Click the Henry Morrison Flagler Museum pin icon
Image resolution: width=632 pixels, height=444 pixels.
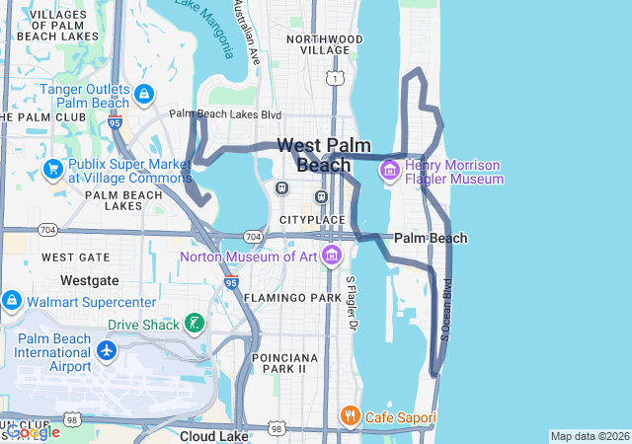pyautogui.click(x=390, y=172)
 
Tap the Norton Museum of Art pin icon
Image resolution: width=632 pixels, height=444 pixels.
pyautogui.click(x=331, y=258)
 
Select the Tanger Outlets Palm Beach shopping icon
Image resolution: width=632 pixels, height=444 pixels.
pyautogui.click(x=144, y=95)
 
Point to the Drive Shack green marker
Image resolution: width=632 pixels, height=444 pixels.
pyautogui.click(x=195, y=324)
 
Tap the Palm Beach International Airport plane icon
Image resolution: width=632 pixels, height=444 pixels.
pyautogui.click(x=107, y=351)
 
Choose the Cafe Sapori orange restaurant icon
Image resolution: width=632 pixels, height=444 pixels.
pyautogui.click(x=349, y=417)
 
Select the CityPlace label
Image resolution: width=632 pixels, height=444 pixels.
pyautogui.click(x=312, y=219)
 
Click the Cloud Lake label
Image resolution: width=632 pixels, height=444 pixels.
pyautogui.click(x=213, y=435)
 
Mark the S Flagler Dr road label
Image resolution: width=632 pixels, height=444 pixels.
pyautogui.click(x=350, y=303)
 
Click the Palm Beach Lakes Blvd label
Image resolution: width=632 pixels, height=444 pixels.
pyautogui.click(x=225, y=114)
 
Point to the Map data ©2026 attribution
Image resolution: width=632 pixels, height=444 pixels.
pyautogui.click(x=589, y=436)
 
